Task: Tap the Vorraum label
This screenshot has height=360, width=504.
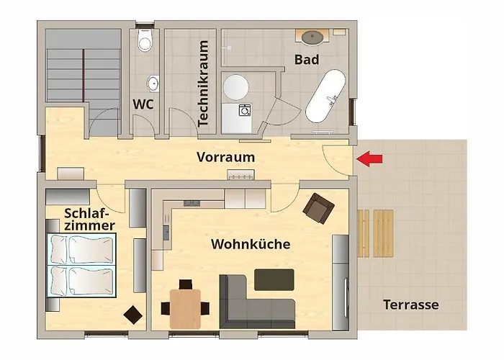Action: point(226,157)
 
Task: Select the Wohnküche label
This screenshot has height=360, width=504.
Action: point(251,245)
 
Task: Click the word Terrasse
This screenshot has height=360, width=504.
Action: point(411,305)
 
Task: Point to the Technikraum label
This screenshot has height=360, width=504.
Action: point(203,84)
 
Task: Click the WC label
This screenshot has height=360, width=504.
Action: point(143,104)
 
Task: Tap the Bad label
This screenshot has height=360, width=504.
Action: point(307,59)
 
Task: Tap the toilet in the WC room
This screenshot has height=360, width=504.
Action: point(146,42)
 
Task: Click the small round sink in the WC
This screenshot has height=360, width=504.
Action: point(153,82)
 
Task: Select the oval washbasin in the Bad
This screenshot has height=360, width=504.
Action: point(312,36)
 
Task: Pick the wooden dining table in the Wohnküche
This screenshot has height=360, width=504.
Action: point(185,305)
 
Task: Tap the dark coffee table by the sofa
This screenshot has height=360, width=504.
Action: point(274,279)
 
